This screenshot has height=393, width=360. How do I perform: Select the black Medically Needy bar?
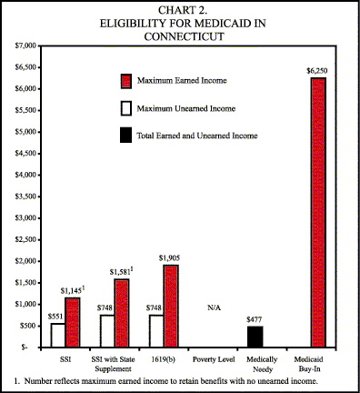pyautogui.click(x=255, y=337)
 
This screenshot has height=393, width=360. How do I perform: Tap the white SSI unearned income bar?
pyautogui.click(x=57, y=335)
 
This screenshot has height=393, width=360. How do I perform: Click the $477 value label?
pyautogui.click(x=255, y=317)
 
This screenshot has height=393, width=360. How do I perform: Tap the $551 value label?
pyautogui.click(x=56, y=315)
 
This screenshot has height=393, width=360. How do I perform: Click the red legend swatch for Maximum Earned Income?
pyautogui.click(x=126, y=82)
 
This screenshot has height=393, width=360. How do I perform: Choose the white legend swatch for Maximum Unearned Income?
pyautogui.click(x=126, y=108)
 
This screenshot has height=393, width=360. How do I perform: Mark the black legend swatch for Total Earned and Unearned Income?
pyautogui.click(x=126, y=136)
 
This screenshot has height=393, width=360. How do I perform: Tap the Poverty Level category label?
pyautogui.click(x=215, y=358)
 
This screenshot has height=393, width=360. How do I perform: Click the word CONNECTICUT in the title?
pyautogui.click(x=179, y=36)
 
